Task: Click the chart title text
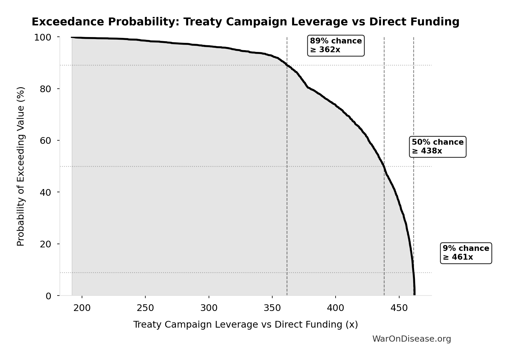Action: pos(245,22)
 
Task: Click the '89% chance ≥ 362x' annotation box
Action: pos(336,46)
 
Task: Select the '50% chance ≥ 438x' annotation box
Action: pos(437,147)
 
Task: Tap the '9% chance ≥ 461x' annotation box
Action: pos(466,253)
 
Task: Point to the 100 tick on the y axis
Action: pos(43,37)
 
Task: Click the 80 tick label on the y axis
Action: pos(46,89)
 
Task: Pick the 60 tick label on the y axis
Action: pos(46,141)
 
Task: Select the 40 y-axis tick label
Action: pos(46,192)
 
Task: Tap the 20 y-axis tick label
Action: pos(46,244)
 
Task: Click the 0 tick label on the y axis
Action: pos(48,296)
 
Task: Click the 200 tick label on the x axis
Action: pos(82,308)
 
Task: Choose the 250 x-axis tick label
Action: pos(145,308)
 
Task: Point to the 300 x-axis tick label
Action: pos(209,308)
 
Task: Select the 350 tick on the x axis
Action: pos(272,308)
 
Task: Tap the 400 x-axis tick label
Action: pos(336,308)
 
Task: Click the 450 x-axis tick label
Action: pos(399,308)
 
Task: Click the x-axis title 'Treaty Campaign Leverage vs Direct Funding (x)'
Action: pos(245,325)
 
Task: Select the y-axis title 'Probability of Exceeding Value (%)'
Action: pos(21,166)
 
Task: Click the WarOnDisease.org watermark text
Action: pos(411,339)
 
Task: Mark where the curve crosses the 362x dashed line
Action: pos(287,65)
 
